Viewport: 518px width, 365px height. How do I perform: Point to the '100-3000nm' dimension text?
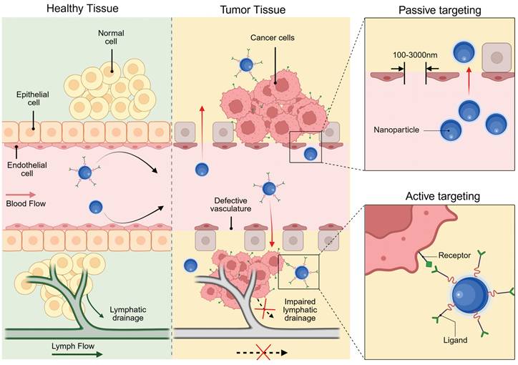[415, 54]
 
